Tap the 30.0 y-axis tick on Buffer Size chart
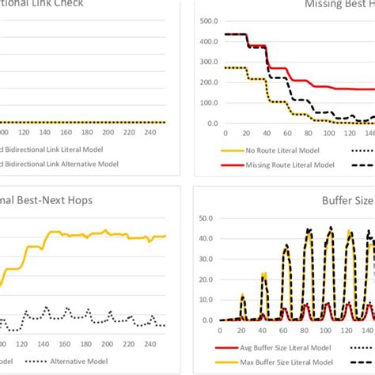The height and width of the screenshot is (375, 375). [208, 257]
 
